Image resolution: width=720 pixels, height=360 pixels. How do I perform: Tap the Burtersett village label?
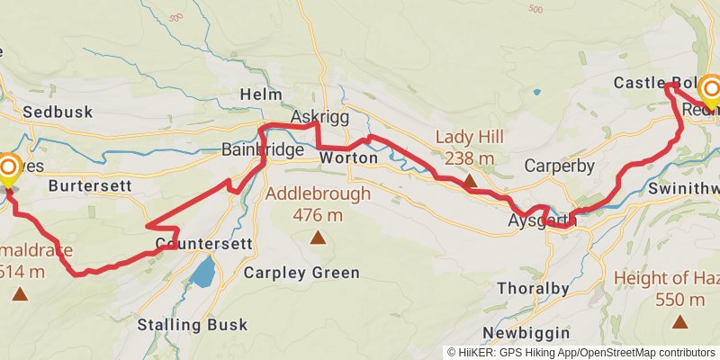(x=90, y=186)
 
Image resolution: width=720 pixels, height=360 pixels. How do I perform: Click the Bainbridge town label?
(x=263, y=150)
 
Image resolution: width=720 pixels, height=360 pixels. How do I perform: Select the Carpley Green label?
(x=301, y=273)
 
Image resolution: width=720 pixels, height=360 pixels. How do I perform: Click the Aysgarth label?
(x=540, y=220)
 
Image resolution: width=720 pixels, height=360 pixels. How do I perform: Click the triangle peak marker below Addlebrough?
(x=317, y=238)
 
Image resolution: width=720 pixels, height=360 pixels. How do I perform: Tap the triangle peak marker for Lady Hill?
(x=470, y=181)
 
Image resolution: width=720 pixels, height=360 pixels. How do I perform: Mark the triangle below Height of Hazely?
(x=679, y=321)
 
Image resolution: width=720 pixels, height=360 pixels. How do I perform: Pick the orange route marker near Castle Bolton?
(x=711, y=89)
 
